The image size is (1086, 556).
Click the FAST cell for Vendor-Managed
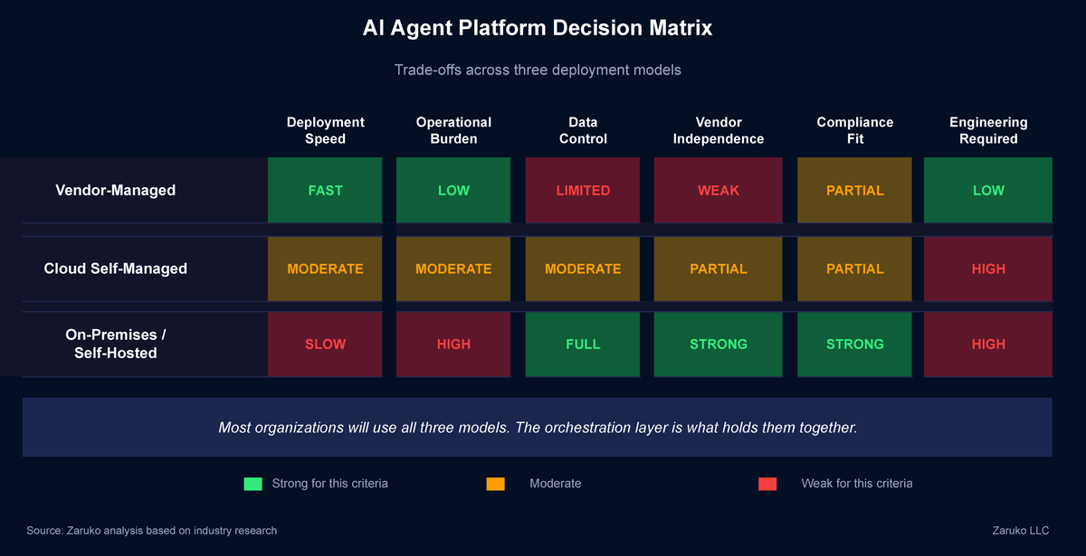(325, 190)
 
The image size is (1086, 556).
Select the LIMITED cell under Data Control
(583, 190)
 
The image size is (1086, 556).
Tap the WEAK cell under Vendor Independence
(719, 190)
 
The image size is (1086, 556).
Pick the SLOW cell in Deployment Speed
(325, 344)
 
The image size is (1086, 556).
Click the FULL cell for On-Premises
(583, 344)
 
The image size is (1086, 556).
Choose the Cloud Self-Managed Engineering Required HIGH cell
(988, 269)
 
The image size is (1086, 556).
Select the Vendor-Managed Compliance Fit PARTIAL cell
(854, 190)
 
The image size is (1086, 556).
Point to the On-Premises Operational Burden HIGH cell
(453, 344)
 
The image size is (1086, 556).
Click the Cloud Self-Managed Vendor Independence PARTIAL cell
(719, 269)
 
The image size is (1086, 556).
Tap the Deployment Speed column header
(325, 130)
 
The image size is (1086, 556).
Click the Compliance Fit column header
(854, 130)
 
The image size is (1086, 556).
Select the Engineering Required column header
(988, 130)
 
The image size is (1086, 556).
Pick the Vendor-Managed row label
(116, 190)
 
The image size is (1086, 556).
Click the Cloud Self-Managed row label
(116, 269)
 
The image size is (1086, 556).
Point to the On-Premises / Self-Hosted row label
(116, 344)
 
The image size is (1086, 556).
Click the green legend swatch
(252, 484)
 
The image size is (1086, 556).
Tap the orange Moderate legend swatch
(495, 484)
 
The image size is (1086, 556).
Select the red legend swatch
(767, 484)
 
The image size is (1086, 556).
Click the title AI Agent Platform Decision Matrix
(538, 28)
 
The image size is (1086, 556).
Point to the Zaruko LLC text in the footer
(1021, 531)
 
